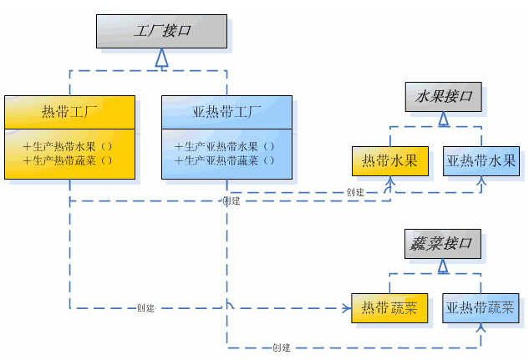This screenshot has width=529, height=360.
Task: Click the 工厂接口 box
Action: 162,31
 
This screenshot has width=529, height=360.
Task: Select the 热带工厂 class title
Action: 69,111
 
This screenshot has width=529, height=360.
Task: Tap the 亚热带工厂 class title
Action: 226,111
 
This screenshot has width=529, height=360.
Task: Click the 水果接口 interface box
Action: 443,96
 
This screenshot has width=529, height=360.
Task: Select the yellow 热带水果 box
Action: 389,160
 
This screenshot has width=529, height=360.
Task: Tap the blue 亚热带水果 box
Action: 481,160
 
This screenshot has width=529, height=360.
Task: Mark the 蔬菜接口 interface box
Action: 443,244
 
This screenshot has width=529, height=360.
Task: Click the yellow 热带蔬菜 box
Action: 389,308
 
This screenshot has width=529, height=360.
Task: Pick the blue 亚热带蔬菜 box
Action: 481,308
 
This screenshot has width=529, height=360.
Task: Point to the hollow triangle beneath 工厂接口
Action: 162,58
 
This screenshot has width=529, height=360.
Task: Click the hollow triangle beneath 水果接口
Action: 443,119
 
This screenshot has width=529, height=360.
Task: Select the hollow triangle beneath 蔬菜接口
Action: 443,266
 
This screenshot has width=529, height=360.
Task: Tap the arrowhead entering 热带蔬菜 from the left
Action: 346,308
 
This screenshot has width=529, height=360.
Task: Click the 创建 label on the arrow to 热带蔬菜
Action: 145,308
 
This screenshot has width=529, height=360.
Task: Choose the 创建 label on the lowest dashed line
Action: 281,347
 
